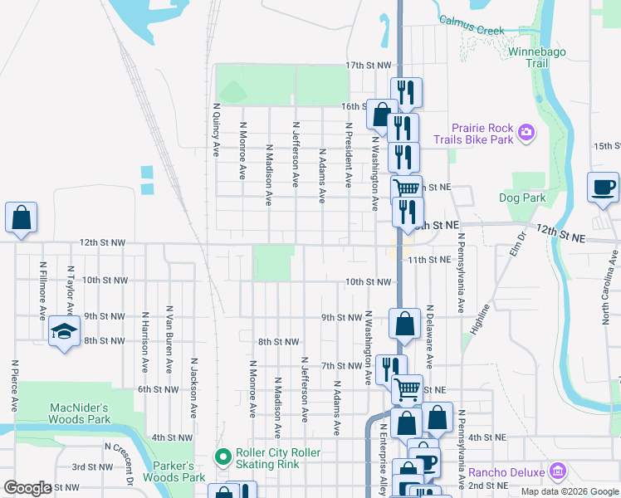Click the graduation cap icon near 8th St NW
62,332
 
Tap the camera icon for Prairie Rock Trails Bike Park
525,133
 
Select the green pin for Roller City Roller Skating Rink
222,456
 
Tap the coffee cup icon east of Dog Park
603,187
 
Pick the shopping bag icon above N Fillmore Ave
22,218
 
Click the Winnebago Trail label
540,56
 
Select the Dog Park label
522,198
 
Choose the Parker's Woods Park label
174,471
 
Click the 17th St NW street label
368,65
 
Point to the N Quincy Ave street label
216,129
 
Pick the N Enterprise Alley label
383,456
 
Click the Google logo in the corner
27,488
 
